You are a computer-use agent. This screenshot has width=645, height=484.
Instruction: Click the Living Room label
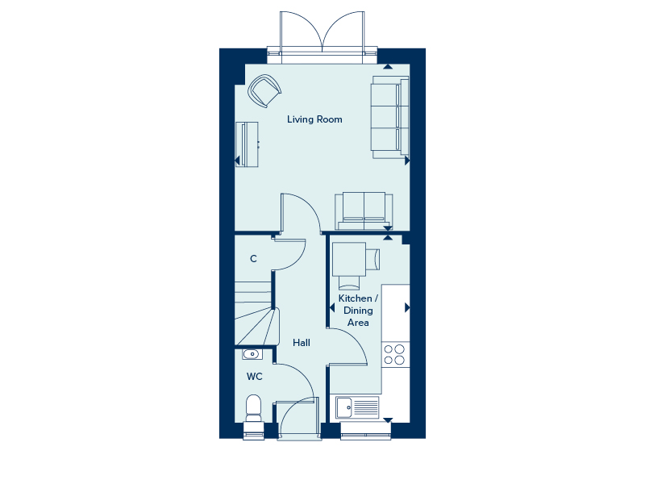click(x=314, y=119)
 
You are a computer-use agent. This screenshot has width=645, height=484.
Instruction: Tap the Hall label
click(x=302, y=342)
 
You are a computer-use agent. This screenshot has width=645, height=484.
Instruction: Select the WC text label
click(x=254, y=376)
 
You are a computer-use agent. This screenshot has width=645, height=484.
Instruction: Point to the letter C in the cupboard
click(x=253, y=258)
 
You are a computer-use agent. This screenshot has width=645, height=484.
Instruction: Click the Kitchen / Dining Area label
click(x=358, y=311)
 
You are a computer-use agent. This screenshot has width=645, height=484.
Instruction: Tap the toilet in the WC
click(x=254, y=409)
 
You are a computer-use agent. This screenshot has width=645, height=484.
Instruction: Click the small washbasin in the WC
click(x=252, y=354)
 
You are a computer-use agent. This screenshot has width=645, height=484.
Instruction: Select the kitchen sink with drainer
click(x=357, y=407)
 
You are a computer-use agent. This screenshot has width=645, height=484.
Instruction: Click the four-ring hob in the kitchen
click(x=394, y=354)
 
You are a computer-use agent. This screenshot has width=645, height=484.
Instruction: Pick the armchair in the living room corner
click(x=264, y=91)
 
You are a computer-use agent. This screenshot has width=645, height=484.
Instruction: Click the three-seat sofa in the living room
click(x=389, y=117)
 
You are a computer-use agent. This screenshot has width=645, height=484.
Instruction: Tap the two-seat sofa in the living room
click(x=364, y=211)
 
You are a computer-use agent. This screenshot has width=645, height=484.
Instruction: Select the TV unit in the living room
click(x=247, y=144)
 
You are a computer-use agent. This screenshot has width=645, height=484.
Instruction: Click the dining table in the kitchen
click(x=349, y=259)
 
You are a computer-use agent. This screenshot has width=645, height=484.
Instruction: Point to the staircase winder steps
click(x=257, y=326)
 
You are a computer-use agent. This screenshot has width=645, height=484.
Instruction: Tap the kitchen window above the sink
click(x=366, y=431)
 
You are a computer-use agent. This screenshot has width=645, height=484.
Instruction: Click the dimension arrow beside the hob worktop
click(x=407, y=307)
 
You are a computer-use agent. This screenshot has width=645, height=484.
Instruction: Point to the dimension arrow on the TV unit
click(x=237, y=161)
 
